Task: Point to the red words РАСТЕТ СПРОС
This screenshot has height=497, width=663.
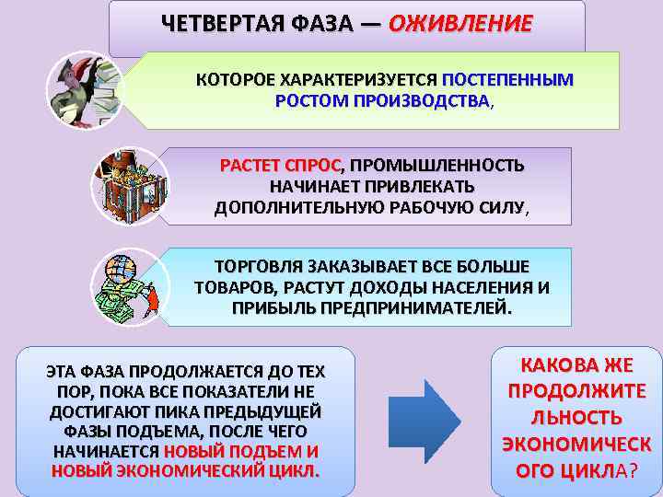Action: [x=280, y=166]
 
